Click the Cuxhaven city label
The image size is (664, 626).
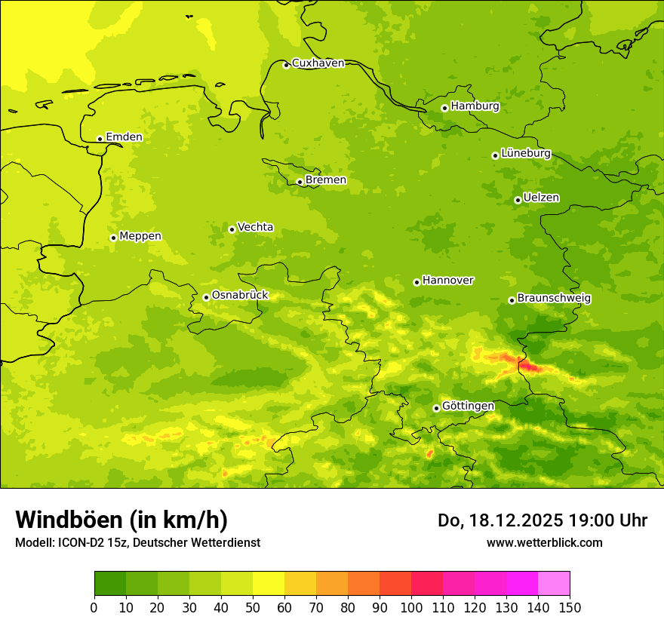tap(318, 63)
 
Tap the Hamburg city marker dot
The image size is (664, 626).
tap(444, 108)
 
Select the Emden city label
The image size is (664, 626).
tap(124, 137)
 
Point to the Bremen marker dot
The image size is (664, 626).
tap(300, 182)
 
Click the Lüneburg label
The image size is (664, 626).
tap(525, 153)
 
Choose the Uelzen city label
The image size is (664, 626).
tap(541, 198)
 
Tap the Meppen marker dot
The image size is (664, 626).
tap(113, 238)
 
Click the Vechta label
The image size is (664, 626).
tap(255, 227)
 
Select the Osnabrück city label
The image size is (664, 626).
tap(240, 295)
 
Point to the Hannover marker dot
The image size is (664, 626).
tap(417, 282)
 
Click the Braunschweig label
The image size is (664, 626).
tap(554, 299)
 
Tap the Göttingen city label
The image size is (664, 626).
tap(468, 406)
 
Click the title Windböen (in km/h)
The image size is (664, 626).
tap(121, 520)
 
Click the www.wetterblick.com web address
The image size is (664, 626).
tap(544, 542)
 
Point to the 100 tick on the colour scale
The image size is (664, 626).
tap(411, 606)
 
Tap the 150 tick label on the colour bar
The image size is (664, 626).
tap(570, 606)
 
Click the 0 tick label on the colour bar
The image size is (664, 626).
tap(94, 606)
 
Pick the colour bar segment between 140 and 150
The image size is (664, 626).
tap(554, 583)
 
